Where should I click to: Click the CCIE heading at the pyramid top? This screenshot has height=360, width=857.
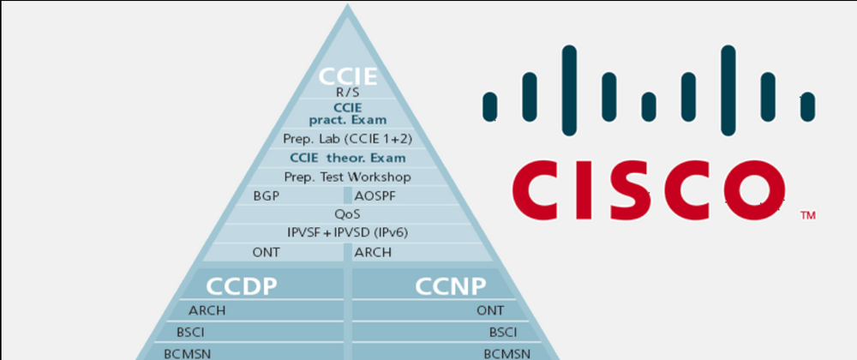click(348, 75)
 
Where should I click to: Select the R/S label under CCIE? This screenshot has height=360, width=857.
click(348, 93)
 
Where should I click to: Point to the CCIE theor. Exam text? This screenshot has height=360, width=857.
click(348, 158)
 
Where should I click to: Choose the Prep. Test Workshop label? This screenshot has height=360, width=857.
click(348, 177)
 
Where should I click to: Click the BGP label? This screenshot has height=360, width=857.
click(267, 195)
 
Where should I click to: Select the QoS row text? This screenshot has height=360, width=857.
click(348, 214)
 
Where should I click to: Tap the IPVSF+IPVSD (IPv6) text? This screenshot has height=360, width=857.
click(348, 232)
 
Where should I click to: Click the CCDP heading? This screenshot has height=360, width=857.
click(242, 285)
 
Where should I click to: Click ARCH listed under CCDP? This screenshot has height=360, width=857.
click(207, 311)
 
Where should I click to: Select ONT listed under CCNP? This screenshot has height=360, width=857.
click(490, 311)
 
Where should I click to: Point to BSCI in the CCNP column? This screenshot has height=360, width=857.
click(502, 332)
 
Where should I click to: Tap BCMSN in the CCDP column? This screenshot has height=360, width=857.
click(188, 351)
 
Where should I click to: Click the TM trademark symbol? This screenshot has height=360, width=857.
click(807, 216)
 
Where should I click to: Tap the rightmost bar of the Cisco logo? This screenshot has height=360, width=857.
click(806, 105)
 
